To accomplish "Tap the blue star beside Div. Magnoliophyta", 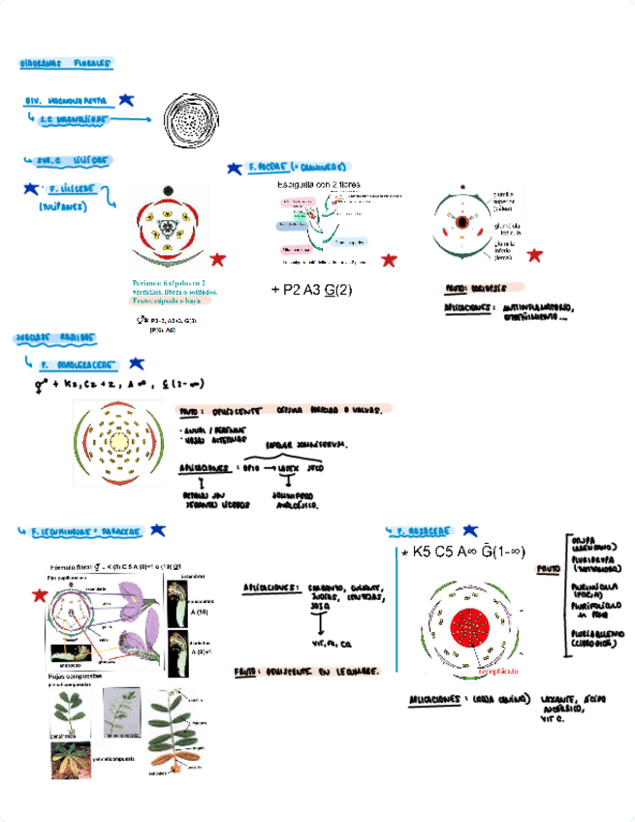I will point(128,100).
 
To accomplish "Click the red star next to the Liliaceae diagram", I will point(218,259).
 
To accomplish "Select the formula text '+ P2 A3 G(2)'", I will point(311,289).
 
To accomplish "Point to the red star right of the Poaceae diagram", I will point(389,260).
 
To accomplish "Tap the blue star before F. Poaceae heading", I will point(234,168).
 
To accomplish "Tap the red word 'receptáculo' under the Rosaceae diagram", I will point(492,671).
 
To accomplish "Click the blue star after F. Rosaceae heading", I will point(470,531).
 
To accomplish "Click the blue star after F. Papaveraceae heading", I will point(136,364).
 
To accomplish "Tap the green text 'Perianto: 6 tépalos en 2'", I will point(175,282).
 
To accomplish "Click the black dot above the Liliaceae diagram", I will point(168,190).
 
